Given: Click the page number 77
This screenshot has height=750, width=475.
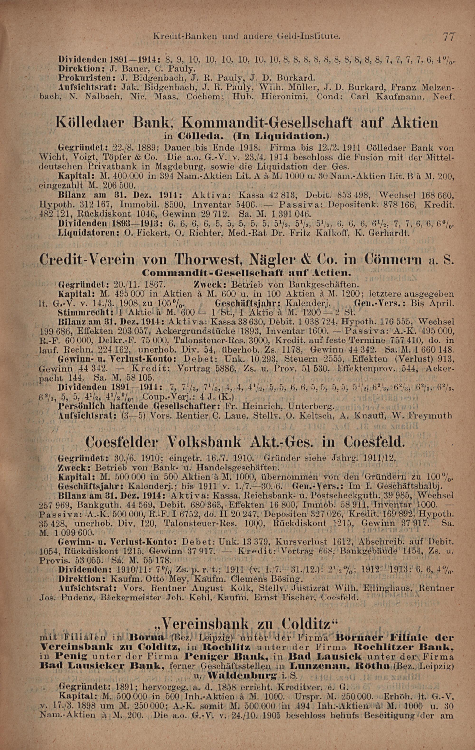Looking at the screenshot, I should click(449, 37).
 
